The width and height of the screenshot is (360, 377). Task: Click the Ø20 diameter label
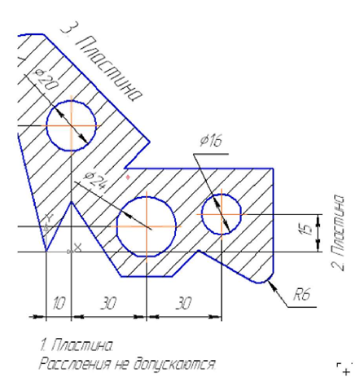(46, 80)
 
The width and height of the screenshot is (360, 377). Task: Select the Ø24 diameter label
(94, 181)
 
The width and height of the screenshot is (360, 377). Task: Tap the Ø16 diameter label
(211, 140)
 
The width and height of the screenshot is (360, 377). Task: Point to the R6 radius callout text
(301, 293)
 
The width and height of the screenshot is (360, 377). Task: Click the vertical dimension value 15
(307, 230)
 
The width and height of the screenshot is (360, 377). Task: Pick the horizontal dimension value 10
(59, 303)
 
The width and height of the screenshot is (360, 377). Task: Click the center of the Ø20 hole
(72, 125)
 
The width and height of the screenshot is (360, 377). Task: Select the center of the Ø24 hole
(147, 226)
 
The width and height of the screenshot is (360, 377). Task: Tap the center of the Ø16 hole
(222, 214)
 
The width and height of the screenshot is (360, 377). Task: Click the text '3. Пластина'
(101, 62)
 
